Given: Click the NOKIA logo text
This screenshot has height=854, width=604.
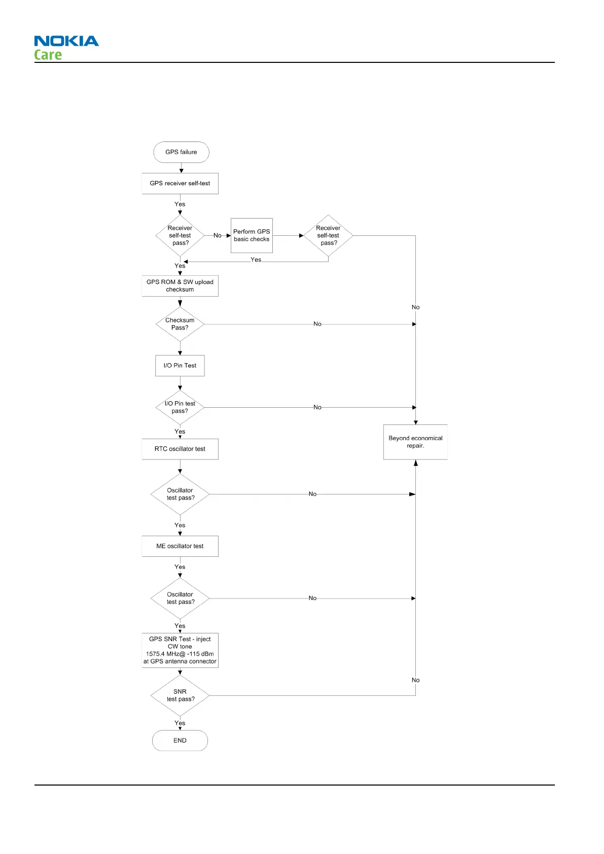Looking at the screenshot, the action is coord(66,41).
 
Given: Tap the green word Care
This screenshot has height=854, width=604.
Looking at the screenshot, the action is coord(48,55).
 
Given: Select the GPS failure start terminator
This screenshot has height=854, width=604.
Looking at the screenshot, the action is coord(181,152).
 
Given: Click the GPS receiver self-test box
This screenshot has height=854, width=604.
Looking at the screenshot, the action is coord(180,184).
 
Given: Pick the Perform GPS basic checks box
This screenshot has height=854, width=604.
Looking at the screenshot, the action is coord(252,235).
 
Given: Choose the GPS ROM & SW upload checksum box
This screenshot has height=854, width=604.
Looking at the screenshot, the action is coord(180,286).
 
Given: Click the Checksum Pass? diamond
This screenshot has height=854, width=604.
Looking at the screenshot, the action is coord(180,324).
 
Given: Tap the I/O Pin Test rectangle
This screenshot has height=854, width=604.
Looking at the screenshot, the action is coord(180,366).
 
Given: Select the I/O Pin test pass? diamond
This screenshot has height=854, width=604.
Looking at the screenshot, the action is coord(180,407).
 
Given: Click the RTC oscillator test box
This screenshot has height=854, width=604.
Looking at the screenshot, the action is coord(180,449).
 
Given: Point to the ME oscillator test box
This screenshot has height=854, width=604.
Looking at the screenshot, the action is coord(180,546).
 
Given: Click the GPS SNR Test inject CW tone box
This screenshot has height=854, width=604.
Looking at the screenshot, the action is coord(180,650).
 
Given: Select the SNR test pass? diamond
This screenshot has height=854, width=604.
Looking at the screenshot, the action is coord(180,695).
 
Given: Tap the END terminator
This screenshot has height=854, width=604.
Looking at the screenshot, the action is coord(180,740).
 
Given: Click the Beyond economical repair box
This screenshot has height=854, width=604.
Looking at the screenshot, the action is coord(415,442).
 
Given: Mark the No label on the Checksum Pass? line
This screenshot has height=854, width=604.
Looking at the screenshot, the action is coord(317,324).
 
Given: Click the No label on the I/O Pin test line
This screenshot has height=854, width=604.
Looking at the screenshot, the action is coord(317,407).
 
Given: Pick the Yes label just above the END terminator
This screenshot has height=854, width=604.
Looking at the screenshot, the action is coord(180,723).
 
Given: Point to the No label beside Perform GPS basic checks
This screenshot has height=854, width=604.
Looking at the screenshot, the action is coord(218,235).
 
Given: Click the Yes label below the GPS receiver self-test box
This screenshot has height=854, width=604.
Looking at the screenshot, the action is coord(180,204).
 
